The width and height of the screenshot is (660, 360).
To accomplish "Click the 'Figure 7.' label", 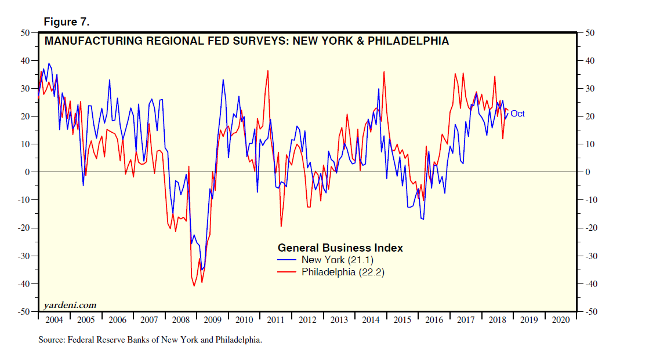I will (66, 22).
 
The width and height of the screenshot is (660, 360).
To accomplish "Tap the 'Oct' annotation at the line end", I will (517, 114).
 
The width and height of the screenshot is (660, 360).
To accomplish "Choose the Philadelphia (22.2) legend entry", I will (343, 272).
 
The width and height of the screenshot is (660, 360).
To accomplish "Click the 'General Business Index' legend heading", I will (340, 248).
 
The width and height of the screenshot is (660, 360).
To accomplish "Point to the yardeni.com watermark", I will (70, 305).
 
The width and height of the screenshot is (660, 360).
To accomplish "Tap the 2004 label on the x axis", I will (54, 320).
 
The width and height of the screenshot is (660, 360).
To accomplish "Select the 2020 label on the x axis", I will (561, 320).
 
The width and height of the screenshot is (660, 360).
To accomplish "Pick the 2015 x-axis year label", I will (403, 320).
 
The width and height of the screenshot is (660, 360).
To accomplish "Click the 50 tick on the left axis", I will (26, 32).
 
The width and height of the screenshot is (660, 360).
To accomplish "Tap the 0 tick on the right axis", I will (587, 172).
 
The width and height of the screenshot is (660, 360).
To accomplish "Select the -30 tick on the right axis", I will (590, 256).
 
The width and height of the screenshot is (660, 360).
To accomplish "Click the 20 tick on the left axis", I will (26, 117).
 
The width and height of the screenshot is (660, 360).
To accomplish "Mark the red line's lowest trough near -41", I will (194, 286).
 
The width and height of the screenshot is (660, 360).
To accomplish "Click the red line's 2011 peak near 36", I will (267, 71).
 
